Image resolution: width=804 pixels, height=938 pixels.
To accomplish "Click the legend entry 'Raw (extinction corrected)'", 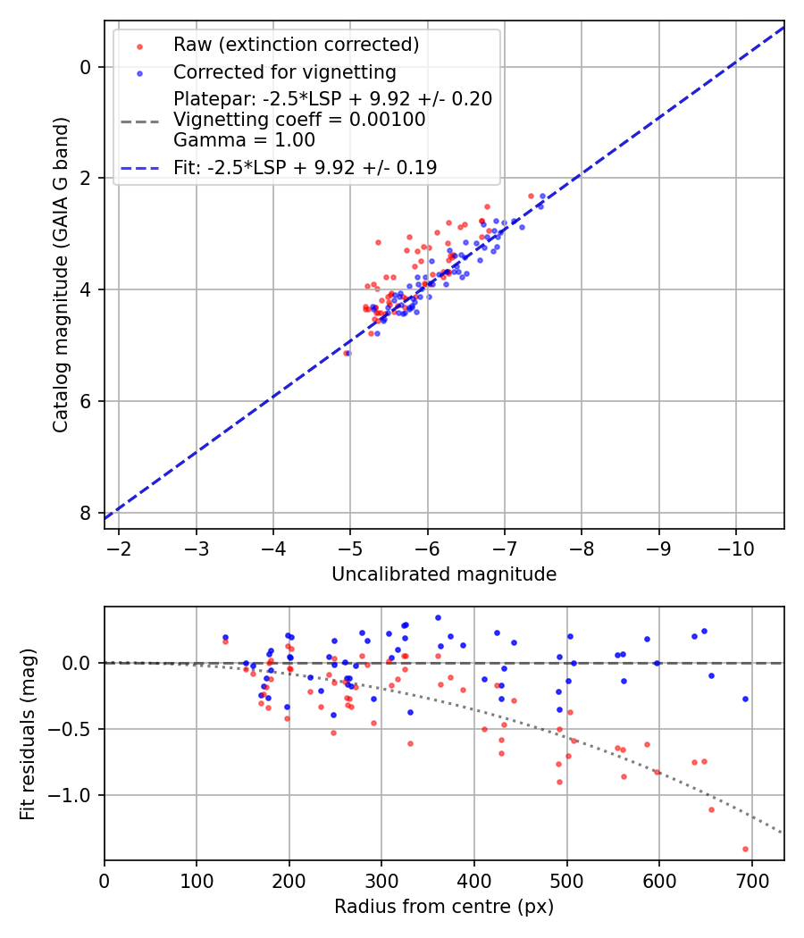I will click(x=296, y=45).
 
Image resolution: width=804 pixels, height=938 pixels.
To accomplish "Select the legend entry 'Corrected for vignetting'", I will click(x=284, y=71).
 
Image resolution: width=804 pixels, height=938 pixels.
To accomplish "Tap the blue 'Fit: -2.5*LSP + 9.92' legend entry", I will click(x=305, y=167).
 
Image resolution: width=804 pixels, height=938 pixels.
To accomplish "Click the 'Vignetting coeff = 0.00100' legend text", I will click(x=299, y=120).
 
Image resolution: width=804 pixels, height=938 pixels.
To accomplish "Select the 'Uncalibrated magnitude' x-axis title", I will click(x=444, y=574).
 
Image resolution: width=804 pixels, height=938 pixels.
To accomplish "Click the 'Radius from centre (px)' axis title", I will click(x=444, y=907).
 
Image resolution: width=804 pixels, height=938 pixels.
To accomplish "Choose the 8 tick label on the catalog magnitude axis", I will click(x=84, y=513).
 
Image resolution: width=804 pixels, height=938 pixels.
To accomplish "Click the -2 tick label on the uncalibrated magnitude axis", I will click(x=119, y=547).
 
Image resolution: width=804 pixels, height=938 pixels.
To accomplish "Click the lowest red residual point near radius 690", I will click(x=745, y=849).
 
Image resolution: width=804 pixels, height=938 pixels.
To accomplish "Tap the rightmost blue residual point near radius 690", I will click(x=745, y=699).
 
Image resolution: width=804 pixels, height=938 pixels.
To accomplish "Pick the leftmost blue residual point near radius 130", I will click(x=225, y=637).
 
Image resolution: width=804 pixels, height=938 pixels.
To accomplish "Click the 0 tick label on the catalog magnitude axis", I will click(x=84, y=67).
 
